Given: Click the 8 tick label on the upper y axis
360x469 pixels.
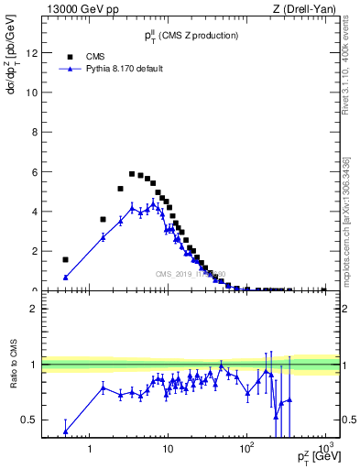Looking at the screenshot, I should point(33,132).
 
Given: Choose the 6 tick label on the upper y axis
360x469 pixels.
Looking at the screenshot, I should point(33,171).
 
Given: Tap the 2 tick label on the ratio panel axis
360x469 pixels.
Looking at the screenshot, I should point(33,309).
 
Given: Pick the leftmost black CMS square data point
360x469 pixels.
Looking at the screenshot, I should point(65,259).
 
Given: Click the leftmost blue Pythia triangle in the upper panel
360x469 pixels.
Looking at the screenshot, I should point(65,277).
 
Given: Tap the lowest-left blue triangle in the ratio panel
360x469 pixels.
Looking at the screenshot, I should point(65,431).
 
